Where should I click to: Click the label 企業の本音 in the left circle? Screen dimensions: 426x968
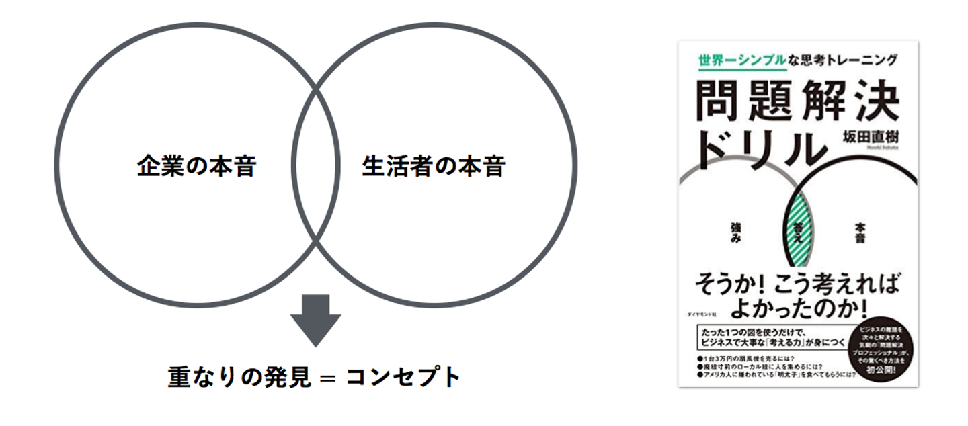196,165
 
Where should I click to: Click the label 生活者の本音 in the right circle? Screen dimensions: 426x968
434,165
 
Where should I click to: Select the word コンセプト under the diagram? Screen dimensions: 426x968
403,377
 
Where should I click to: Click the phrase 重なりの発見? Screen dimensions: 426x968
239,377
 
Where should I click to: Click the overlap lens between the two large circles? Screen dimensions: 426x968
315,165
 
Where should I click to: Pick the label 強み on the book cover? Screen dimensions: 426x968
735,235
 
